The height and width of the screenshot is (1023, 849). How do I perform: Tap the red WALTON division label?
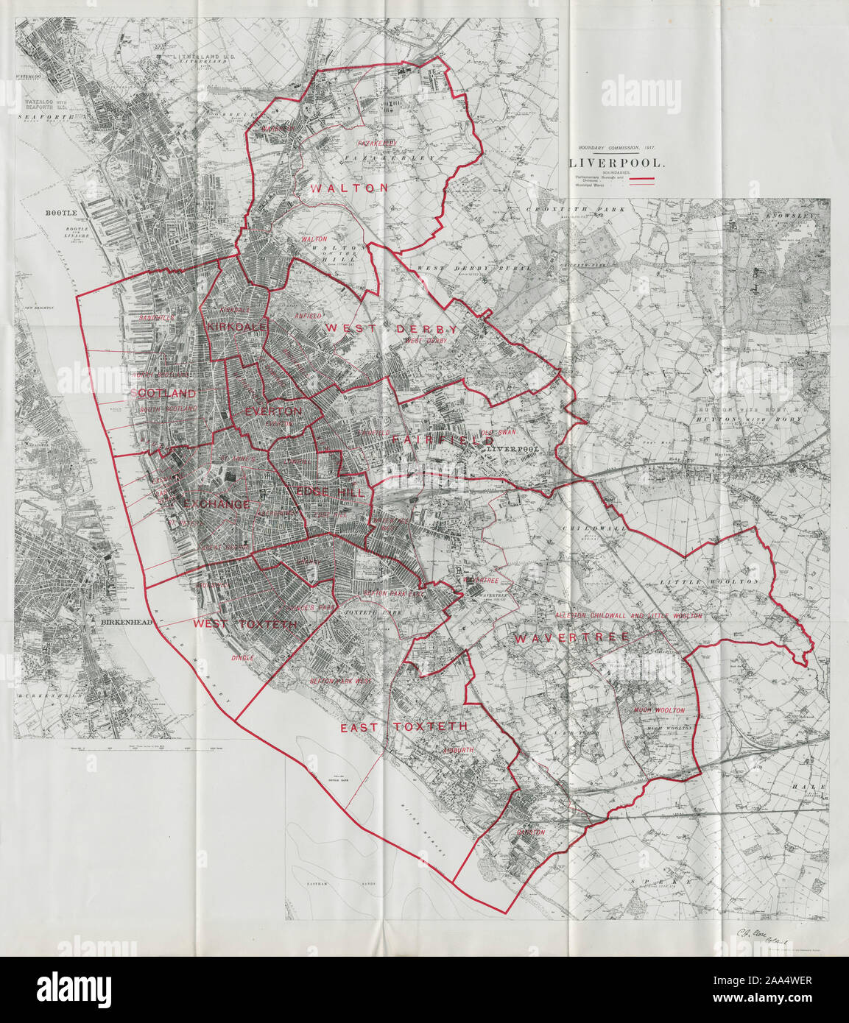coord(349,188)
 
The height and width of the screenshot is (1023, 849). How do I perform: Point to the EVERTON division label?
coord(273,411)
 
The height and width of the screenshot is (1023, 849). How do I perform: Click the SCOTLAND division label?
coord(164,393)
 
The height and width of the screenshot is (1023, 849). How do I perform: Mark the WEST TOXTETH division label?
coord(245,624)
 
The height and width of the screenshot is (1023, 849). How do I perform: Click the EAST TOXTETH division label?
coord(404,726)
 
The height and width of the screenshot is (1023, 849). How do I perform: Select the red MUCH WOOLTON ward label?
coord(660,710)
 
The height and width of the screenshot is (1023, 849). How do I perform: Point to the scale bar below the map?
coord(133,749)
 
